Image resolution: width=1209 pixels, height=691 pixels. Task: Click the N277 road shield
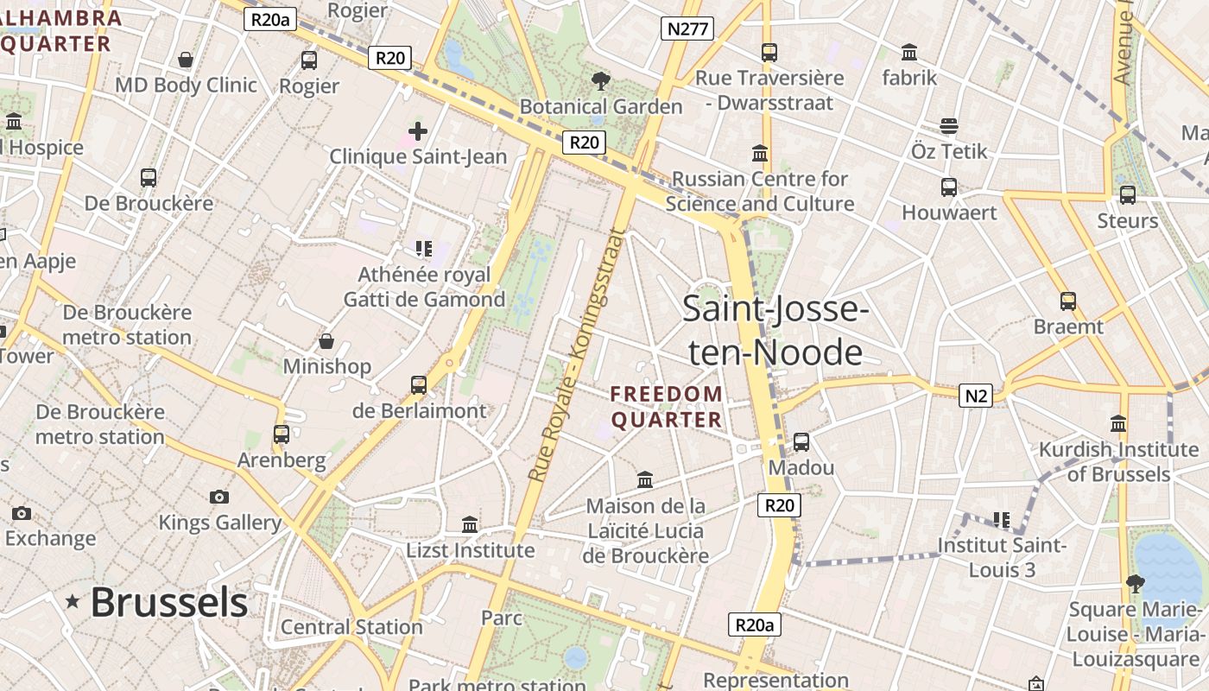pos(687,29)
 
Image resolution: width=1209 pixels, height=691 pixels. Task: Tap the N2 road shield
pos(975,396)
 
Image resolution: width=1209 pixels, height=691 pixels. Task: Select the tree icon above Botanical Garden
pos(600,81)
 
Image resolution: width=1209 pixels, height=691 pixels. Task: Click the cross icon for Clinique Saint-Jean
pos(418,131)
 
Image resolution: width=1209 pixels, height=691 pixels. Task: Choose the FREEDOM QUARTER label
pos(667,407)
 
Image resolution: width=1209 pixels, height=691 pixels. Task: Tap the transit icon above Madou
pos(801,441)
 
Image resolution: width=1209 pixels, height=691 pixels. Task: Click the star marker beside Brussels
pos(73,602)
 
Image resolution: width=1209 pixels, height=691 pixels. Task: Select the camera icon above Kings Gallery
pos(219,497)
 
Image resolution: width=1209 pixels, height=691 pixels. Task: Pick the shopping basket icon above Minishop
pos(326,341)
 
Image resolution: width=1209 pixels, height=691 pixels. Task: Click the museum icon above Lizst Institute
pos(470,524)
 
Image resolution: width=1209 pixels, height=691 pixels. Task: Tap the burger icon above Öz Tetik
pos(949,126)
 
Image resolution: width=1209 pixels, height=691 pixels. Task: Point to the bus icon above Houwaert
pos(949,187)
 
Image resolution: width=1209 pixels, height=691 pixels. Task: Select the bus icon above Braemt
pos(1068,301)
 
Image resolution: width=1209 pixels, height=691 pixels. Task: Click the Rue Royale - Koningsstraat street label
pos(575,354)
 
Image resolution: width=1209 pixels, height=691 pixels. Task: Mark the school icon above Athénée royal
pos(423,249)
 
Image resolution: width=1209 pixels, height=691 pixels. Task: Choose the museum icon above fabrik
pos(908,52)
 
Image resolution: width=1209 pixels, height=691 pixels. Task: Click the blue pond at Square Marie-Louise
pos(1169,566)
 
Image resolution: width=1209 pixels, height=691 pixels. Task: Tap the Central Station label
pos(351,627)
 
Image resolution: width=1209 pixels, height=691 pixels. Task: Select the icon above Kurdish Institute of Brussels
pos(1118,423)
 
